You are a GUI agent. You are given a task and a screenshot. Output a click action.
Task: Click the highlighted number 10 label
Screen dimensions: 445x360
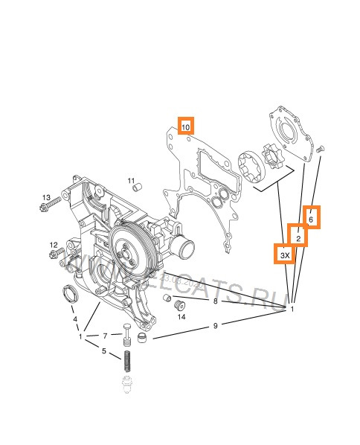coord(185,127)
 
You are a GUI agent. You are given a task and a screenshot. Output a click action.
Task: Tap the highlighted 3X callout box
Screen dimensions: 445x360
coord(285,255)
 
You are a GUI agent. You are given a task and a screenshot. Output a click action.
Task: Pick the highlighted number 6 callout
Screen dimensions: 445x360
coord(311,218)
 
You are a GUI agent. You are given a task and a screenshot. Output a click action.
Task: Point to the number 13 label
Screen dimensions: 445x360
coord(45,197)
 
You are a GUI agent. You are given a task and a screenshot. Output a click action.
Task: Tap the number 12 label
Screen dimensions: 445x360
coord(54,245)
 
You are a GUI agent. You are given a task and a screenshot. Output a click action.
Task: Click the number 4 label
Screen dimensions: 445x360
coord(74,319)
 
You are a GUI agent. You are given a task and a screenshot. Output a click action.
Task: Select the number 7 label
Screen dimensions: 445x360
coord(106,336)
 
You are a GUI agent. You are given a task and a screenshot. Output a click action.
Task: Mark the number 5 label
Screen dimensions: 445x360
coord(103,352)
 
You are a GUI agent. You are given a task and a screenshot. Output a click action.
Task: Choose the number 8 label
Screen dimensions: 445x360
coord(215,301)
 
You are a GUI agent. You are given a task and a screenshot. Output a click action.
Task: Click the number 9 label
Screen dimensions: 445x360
coord(215,325)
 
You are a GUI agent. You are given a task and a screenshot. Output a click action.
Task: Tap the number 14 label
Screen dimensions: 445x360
coord(181,316)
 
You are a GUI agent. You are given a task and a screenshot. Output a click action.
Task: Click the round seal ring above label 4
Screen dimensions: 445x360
coord(68,293)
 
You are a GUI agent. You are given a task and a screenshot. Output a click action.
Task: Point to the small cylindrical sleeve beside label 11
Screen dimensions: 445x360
coord(136,188)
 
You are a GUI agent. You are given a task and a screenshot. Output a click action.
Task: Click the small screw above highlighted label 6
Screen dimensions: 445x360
coord(320,150)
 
